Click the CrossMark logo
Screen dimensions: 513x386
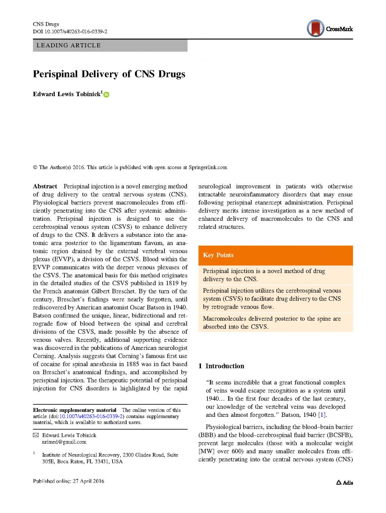(329, 28)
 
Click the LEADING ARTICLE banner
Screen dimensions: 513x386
(110, 45)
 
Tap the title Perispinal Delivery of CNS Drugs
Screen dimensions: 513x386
(109, 74)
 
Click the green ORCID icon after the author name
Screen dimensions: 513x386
(107, 95)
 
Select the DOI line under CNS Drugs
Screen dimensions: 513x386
(70, 31)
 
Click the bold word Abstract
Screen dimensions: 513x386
(45, 186)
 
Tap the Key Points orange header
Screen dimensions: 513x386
(275, 255)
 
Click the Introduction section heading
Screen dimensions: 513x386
(224, 366)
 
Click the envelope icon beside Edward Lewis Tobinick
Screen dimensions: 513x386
(36, 435)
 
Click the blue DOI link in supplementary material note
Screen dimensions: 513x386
(91, 416)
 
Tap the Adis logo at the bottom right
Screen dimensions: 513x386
(344, 483)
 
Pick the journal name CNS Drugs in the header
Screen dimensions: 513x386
(46, 24)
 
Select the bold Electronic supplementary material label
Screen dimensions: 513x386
(74, 410)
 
